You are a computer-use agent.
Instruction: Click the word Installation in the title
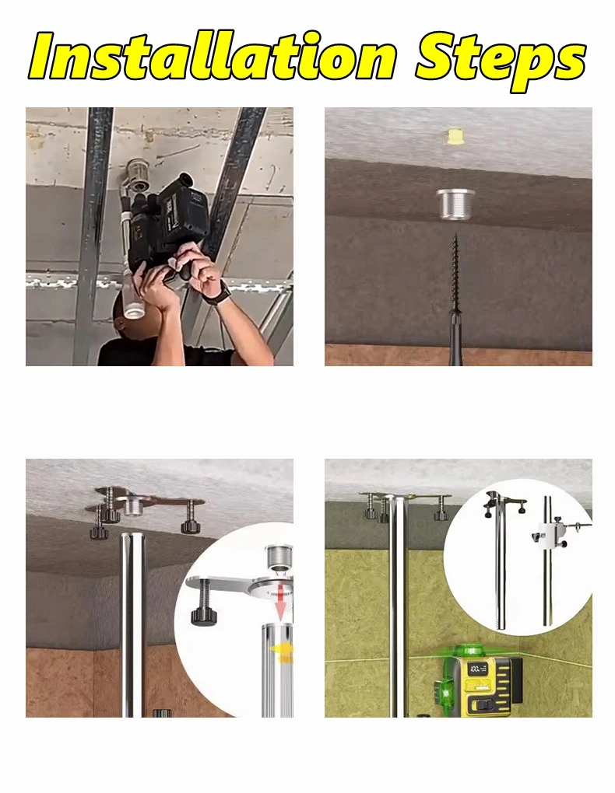point(213,56)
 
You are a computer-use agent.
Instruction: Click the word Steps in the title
point(501,60)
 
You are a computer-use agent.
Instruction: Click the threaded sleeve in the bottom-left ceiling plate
point(132,506)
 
